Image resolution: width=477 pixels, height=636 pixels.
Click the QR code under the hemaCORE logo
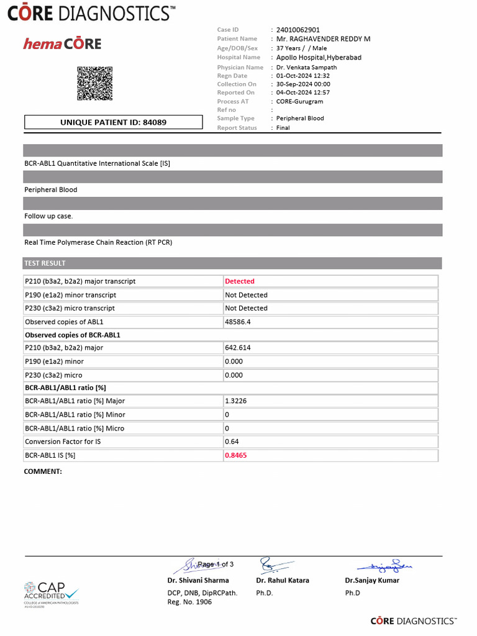coord(94,83)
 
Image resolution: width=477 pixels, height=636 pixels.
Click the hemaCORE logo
coord(62,43)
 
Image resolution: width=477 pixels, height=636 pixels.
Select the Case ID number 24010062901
coord(298,30)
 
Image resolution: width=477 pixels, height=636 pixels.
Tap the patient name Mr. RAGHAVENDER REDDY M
coord(323,39)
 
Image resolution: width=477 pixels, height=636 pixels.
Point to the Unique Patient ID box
coord(113,122)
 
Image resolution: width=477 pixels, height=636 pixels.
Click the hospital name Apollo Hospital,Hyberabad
coord(319,57)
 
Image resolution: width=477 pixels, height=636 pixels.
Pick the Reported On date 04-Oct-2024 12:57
coord(303,93)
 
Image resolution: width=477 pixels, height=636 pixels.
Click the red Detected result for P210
coord(240,281)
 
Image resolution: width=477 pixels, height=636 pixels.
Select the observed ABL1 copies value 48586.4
coord(238,322)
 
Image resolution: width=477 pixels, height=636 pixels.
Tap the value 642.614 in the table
coord(238,348)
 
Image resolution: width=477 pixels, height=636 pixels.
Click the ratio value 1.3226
coord(235,401)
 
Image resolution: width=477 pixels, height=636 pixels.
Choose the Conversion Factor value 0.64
coord(232,442)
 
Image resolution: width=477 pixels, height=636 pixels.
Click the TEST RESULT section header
coord(45,263)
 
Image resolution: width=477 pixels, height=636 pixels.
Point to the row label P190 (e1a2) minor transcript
coord(70,295)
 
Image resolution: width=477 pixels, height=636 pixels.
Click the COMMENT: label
coord(43,471)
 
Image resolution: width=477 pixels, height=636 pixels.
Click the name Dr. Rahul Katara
coord(282,580)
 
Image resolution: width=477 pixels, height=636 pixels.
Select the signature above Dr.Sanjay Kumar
coord(385,566)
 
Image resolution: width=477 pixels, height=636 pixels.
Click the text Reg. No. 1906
coord(189,602)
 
